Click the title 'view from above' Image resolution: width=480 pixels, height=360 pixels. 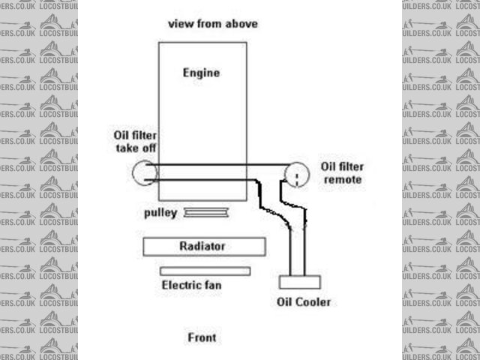[x=212, y=23]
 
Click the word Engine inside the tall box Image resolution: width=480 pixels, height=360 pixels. [x=201, y=73]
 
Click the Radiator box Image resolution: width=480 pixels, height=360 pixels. [x=203, y=246]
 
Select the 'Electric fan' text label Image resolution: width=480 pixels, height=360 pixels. [x=192, y=285]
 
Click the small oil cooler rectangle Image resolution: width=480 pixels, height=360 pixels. [x=300, y=282]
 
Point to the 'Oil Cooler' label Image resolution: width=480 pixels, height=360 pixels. [x=303, y=302]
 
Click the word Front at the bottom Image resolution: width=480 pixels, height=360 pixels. [x=202, y=337]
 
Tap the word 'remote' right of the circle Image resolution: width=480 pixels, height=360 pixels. [x=341, y=180]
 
